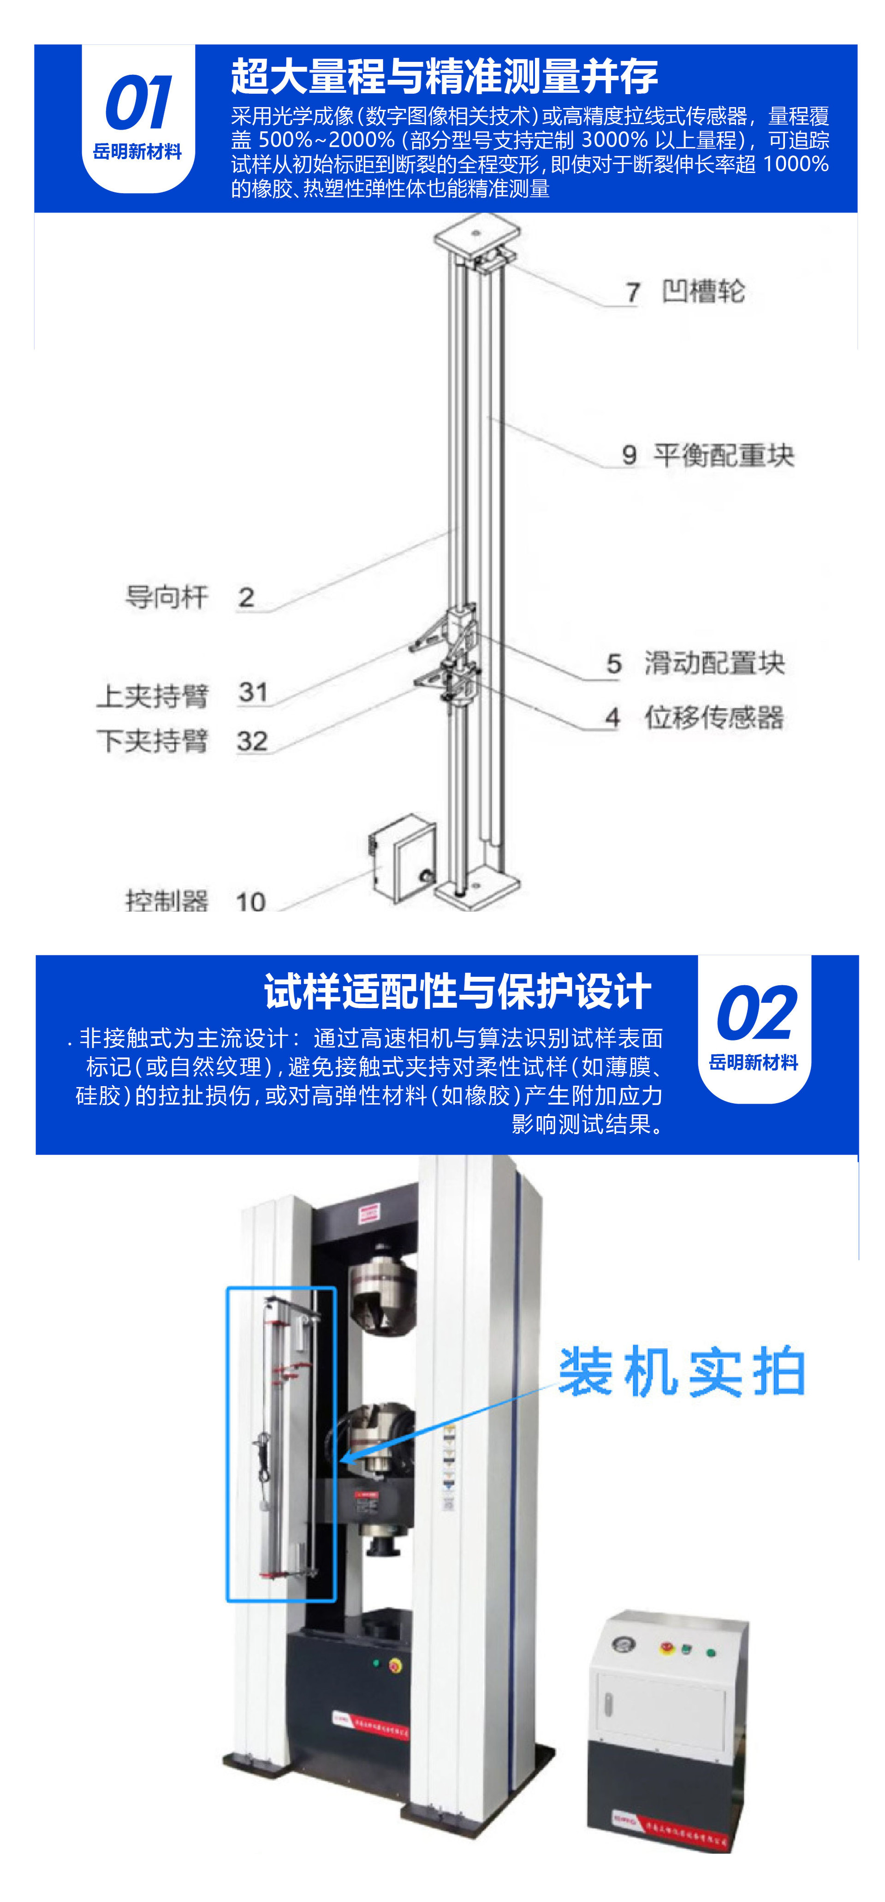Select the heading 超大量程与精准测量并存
tap(444, 76)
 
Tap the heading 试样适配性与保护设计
tap(457, 991)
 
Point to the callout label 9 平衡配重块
tap(707, 455)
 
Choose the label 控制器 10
tap(195, 900)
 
